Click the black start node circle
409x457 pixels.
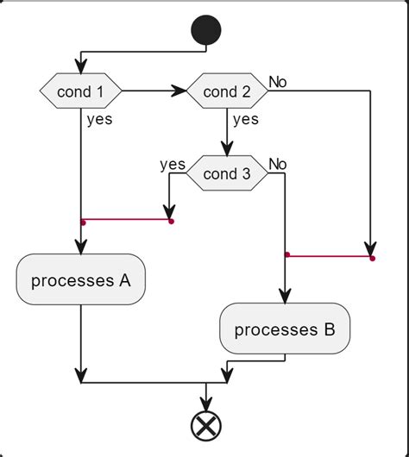click(x=205, y=31)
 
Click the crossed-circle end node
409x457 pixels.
click(x=205, y=424)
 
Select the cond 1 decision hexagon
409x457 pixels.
click(x=80, y=90)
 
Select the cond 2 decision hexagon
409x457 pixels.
click(x=227, y=90)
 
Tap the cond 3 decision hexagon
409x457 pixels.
click(x=227, y=173)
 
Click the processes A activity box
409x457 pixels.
click(x=80, y=280)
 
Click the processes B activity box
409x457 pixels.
click(x=285, y=329)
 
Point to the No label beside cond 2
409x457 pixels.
click(x=278, y=81)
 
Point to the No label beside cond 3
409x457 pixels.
click(x=278, y=164)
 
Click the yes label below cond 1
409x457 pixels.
click(x=99, y=120)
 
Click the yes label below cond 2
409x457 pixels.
click(x=246, y=120)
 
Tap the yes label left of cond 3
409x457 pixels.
click(x=173, y=164)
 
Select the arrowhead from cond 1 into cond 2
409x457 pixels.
click(x=179, y=90)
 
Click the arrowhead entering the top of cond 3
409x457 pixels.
click(x=227, y=148)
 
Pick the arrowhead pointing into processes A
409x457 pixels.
click(x=80, y=246)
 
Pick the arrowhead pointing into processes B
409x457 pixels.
click(x=285, y=295)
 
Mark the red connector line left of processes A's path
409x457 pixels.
click(x=126, y=221)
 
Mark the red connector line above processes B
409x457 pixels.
click(x=328, y=256)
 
